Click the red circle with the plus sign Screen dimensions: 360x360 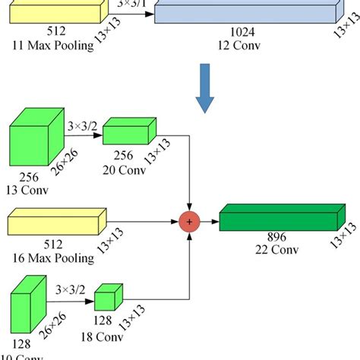tap(188, 221)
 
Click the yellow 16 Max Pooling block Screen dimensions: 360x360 tap(53, 223)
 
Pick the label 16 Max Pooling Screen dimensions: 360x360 tap(52, 258)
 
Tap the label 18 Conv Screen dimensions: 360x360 tap(109, 336)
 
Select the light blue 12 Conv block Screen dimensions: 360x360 tap(243, 12)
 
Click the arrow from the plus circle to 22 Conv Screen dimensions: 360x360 tap(210, 221)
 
